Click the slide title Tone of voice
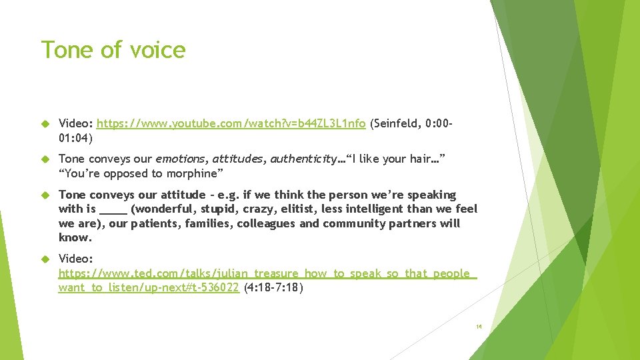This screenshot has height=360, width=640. point(113,49)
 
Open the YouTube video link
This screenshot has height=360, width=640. point(231,123)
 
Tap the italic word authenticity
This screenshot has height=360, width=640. point(303,159)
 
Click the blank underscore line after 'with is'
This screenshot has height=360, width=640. point(113,209)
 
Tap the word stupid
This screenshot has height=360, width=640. point(221,209)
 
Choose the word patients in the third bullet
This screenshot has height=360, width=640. point(155,223)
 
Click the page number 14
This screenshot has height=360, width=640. point(479,327)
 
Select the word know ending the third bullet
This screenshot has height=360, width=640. point(75,237)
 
